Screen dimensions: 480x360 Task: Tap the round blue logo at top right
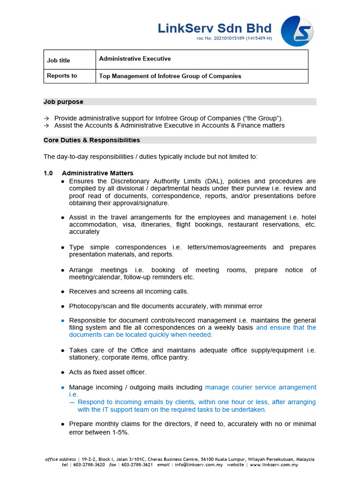(297, 31)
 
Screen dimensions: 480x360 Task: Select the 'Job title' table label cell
(59, 60)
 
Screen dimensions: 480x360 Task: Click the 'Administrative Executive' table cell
(135, 59)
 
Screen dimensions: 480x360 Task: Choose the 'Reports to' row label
(61, 75)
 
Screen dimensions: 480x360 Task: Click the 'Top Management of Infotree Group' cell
(170, 76)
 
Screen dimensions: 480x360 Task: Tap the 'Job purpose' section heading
(63, 102)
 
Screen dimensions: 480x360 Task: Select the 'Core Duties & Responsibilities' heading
(91, 140)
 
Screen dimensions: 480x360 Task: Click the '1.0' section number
(48, 173)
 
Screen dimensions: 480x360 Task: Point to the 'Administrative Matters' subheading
(97, 173)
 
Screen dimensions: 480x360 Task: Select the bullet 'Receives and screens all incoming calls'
(128, 292)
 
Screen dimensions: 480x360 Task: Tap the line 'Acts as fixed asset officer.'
(107, 372)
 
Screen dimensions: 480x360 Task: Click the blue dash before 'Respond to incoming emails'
(72, 402)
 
